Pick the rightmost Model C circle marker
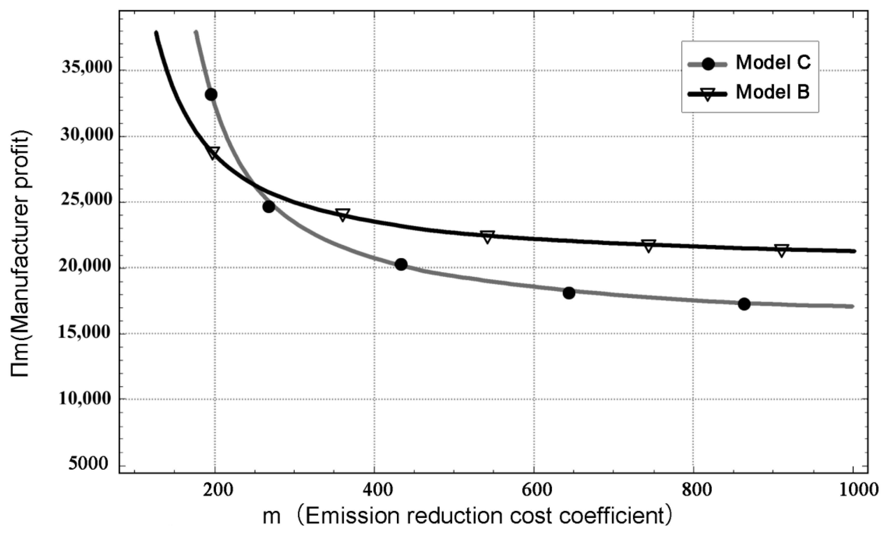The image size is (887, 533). pos(744,304)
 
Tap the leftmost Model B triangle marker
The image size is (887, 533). pos(213,153)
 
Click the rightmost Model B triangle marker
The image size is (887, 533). pos(782,250)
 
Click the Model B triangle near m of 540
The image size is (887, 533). pos(487,237)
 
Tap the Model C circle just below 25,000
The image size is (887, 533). pos(269,207)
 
